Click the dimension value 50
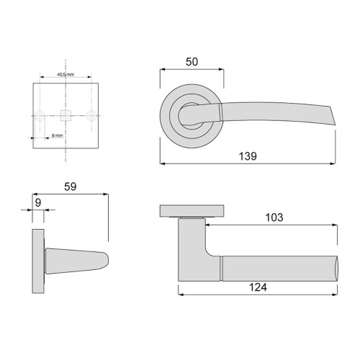point(191,62)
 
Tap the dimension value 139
point(247,156)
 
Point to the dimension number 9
point(38,203)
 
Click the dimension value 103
point(274,217)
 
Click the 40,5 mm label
point(66,74)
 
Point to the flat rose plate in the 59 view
point(37,261)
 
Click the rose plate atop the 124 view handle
point(192,210)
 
